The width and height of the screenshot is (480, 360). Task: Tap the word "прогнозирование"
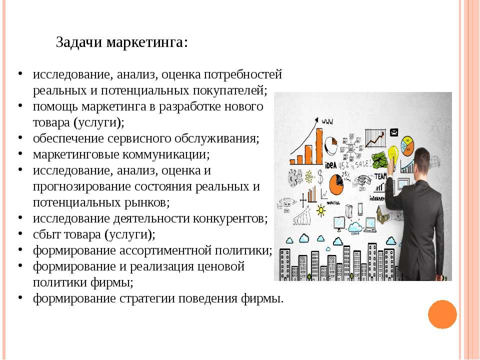81,186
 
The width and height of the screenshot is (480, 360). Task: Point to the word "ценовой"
220,266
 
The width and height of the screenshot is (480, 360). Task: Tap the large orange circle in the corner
442,314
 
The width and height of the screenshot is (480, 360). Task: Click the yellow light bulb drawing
393,156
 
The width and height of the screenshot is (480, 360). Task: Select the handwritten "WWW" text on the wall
327,121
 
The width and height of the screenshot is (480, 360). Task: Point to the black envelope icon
394,132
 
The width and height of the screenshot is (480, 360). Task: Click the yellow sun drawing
321,210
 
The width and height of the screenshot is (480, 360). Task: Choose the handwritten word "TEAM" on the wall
380,176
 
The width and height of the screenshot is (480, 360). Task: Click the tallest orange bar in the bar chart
318,146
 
